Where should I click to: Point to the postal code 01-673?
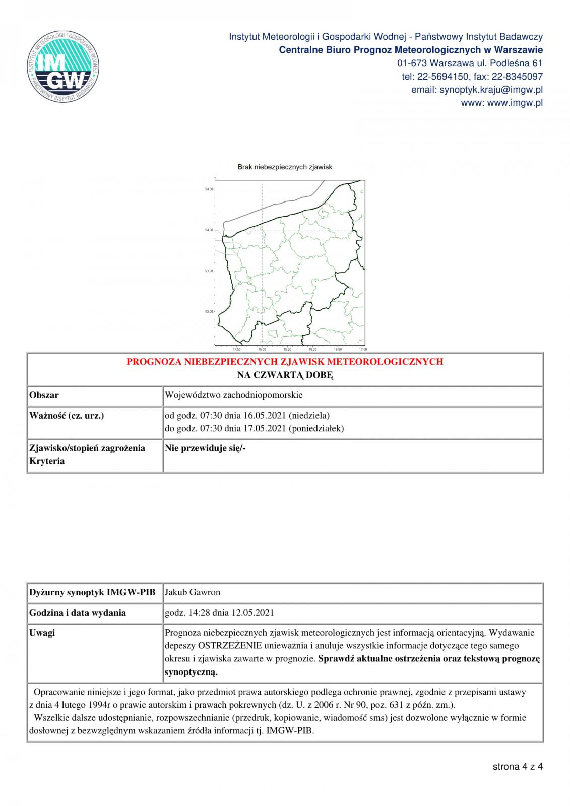tap(409, 63)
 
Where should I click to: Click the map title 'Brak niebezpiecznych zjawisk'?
tap(285, 167)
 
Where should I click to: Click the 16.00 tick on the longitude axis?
tap(312, 349)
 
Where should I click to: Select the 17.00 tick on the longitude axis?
tap(362, 349)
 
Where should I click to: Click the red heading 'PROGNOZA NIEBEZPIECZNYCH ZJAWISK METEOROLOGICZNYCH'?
tap(285, 362)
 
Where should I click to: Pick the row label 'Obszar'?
tap(44, 395)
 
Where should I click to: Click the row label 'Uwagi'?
tap(42, 633)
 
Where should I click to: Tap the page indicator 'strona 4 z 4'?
tap(518, 767)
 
